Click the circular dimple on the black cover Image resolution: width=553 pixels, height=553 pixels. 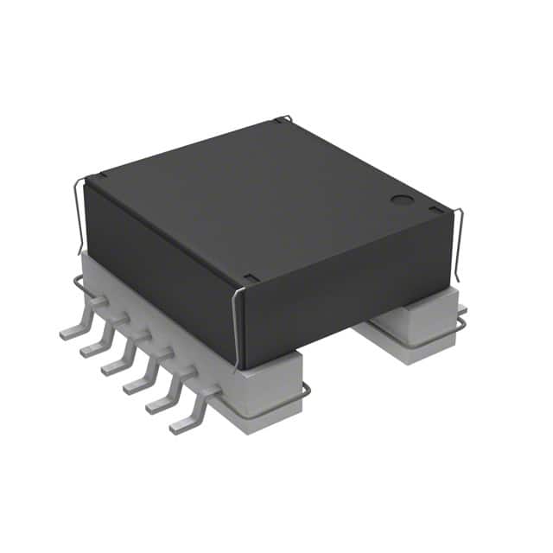click(x=402, y=200)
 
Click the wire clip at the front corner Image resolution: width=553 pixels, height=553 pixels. click(x=237, y=320)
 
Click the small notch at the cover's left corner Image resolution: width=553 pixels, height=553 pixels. click(x=102, y=175)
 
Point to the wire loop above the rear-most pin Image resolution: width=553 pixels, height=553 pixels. click(x=79, y=284)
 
